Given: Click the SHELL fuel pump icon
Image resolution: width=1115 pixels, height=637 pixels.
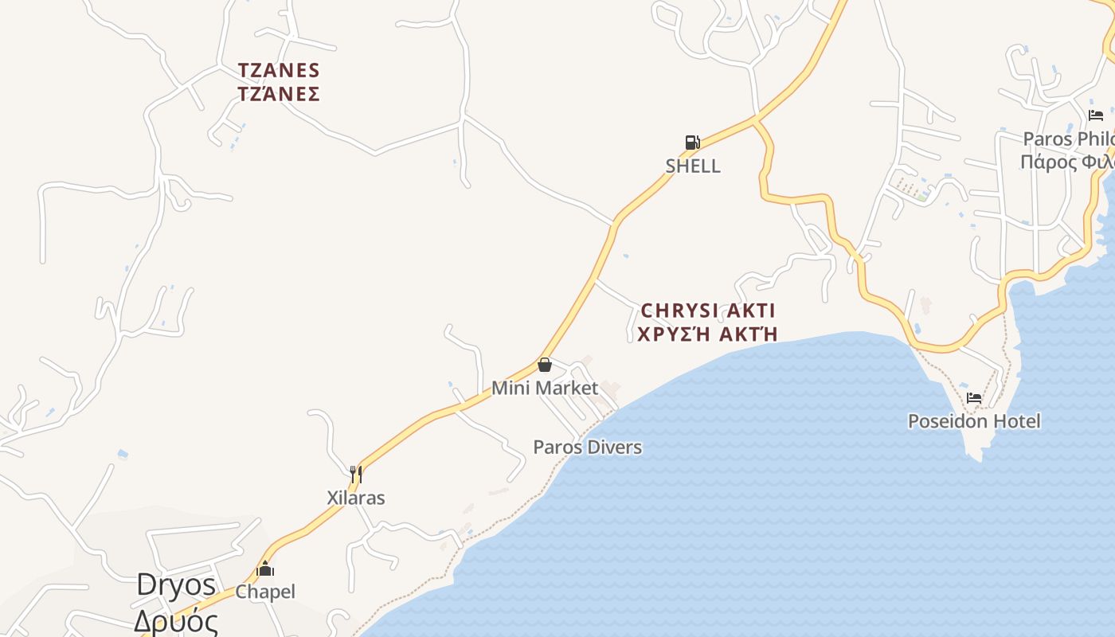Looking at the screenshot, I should click(692, 143).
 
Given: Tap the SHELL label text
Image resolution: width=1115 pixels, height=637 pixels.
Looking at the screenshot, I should click(693, 166).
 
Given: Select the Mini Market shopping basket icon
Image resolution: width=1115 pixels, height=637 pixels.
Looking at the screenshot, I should click(545, 365).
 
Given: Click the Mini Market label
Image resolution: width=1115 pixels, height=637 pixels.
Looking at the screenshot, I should click(545, 389).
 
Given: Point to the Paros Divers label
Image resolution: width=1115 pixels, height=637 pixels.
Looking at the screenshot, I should click(587, 447).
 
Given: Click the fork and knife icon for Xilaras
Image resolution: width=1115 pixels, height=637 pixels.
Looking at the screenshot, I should click(356, 475).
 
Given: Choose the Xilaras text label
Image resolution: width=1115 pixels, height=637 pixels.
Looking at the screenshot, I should click(356, 498).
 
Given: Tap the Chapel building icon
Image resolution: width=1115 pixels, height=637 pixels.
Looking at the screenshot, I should click(265, 569).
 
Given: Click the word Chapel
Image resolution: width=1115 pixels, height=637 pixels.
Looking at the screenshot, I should click(265, 592).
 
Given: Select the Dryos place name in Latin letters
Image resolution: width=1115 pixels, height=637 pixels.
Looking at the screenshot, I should click(176, 585).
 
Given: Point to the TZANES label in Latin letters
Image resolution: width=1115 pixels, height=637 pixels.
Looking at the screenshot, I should click(279, 71).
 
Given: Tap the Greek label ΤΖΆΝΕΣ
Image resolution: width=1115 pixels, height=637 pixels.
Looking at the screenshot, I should click(279, 94).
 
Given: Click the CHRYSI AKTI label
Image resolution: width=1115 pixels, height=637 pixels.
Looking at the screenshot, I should click(708, 311).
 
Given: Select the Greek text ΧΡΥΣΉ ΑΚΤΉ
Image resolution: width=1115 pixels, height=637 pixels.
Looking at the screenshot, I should click(708, 334).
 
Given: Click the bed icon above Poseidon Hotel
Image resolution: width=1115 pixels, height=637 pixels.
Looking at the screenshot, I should click(974, 398).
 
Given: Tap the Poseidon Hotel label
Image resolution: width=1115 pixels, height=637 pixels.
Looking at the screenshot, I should click(974, 421).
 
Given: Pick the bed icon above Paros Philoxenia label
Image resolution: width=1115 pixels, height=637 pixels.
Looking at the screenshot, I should click(1096, 115).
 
